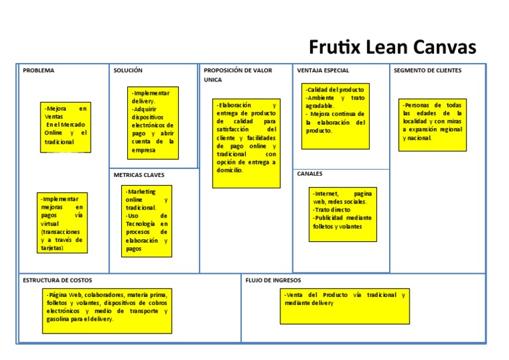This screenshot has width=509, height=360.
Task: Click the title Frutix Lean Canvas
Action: [392, 48]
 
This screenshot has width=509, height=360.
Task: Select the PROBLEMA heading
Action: [38, 70]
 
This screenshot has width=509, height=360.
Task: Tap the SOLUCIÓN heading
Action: [128, 70]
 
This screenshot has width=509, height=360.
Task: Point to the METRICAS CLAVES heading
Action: [139, 175]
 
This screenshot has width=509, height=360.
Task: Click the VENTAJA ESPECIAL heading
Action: [323, 70]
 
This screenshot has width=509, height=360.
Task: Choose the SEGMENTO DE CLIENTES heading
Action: [427, 70]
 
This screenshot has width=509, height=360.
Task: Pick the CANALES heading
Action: [310, 174]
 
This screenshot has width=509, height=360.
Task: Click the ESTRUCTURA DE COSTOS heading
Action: [58, 280]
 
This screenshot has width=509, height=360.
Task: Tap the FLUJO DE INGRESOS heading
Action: [273, 280]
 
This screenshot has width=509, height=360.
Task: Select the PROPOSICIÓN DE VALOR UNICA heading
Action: [237, 74]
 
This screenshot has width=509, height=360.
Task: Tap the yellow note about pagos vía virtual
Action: [62, 223]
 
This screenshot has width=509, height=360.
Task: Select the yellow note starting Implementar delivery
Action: [153, 122]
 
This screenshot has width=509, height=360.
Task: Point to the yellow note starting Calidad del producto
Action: [335, 116]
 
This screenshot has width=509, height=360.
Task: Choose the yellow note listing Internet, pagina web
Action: [343, 213]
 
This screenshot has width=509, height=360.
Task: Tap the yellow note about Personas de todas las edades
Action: [432, 125]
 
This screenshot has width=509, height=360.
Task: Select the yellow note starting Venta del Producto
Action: [345, 306]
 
